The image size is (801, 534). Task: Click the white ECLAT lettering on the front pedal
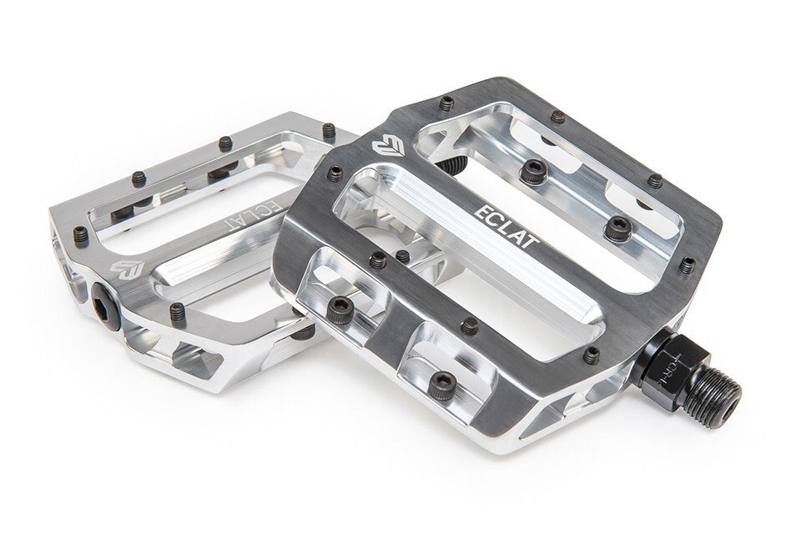506,224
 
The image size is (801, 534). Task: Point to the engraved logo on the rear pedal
127,269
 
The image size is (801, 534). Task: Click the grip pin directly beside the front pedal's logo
335,174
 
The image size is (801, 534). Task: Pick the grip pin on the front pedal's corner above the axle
687,265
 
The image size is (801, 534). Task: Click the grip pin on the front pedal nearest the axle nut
591,355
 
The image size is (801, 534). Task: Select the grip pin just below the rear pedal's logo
178,312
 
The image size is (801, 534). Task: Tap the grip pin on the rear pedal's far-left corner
80,235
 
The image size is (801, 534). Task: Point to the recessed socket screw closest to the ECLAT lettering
618,227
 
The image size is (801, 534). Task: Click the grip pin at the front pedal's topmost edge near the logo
447,103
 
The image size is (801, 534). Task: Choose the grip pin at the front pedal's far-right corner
655,180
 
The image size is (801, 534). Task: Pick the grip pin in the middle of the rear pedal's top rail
224,144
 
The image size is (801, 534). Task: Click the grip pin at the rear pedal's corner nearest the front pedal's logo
329,130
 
